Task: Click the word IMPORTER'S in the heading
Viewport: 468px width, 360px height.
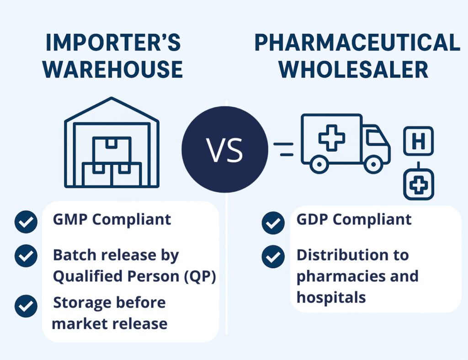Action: pos(113,43)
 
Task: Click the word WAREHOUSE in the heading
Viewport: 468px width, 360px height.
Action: pos(115,69)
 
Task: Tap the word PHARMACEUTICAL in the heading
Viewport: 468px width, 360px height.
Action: pos(357,43)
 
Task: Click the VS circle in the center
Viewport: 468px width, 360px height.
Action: pos(224,149)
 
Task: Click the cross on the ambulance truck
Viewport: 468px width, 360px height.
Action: pos(332,138)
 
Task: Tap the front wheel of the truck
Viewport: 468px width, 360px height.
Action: pos(373,163)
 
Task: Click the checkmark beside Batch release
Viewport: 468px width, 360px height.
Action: pos(26,255)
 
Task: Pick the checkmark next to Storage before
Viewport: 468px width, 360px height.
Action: pos(26,306)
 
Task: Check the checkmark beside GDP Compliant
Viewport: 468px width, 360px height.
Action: pos(273,223)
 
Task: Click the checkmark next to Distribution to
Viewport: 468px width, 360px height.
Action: pos(273,256)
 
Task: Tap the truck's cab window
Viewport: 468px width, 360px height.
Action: pos(376,138)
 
